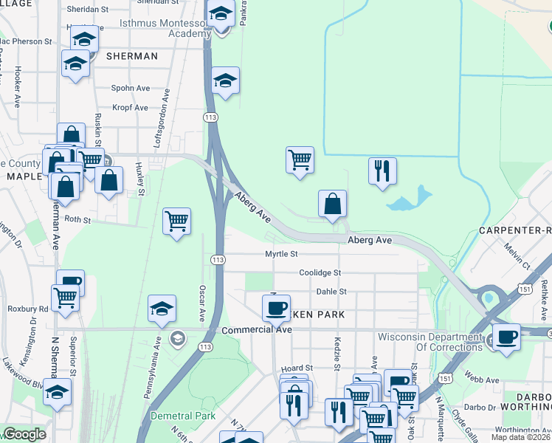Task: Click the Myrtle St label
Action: (281, 254)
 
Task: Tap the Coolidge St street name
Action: (320, 273)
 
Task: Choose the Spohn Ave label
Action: (131, 89)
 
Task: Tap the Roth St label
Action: (77, 219)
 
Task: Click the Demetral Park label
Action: (182, 416)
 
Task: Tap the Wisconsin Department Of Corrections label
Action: (429, 342)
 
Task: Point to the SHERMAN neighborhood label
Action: (132, 56)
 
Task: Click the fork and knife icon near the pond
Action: (382, 171)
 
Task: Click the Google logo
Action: (24, 434)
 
